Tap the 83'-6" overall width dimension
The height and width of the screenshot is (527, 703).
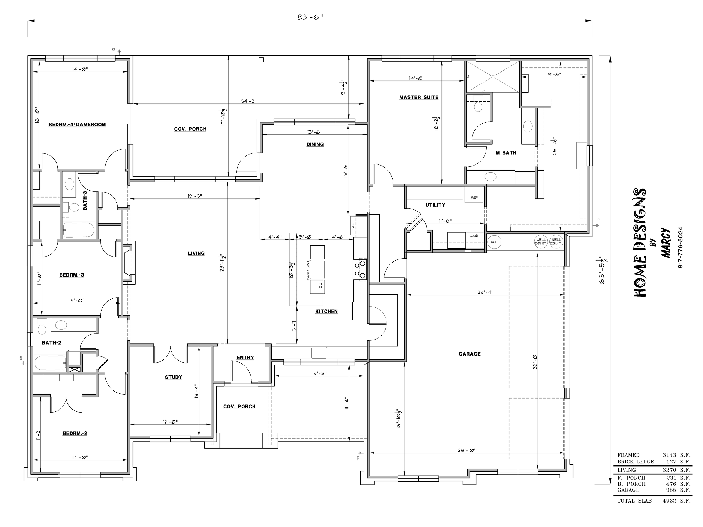click(x=310, y=17)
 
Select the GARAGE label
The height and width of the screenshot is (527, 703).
click(x=469, y=354)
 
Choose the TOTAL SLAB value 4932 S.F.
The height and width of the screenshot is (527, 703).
click(x=676, y=501)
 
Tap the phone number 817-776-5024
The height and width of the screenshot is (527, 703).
click(x=681, y=247)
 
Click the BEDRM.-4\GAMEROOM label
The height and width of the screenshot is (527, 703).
click(x=77, y=125)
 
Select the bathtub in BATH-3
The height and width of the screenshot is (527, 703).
click(x=79, y=230)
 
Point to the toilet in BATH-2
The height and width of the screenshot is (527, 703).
click(x=42, y=327)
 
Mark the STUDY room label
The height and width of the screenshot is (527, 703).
click(x=173, y=377)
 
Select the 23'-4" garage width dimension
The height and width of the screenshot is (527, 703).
click(x=485, y=292)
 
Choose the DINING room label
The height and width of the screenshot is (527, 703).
click(x=315, y=144)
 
